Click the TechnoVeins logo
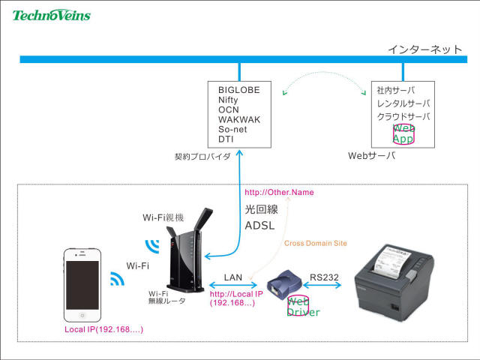(x=51, y=14)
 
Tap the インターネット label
(x=424, y=49)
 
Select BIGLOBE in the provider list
(x=238, y=90)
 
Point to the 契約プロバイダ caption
(x=202, y=157)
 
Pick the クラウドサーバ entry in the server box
(x=403, y=116)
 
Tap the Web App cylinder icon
(x=403, y=133)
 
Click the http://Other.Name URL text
(x=279, y=193)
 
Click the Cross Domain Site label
(x=316, y=243)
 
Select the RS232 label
(x=324, y=277)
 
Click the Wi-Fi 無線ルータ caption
(x=166, y=297)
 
